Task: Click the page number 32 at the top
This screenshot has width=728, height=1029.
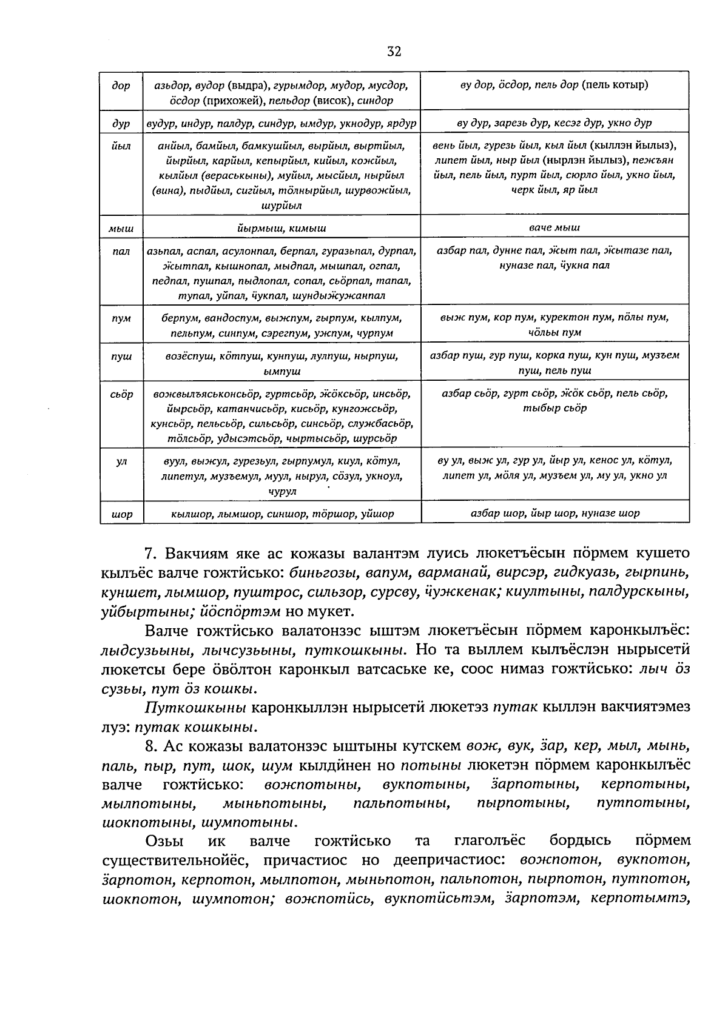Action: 394,52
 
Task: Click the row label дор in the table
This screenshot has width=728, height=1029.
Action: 121,85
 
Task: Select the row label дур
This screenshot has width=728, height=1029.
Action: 121,123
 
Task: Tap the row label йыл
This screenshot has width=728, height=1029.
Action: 121,146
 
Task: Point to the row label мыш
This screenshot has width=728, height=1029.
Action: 121,229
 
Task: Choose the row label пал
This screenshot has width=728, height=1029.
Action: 121,251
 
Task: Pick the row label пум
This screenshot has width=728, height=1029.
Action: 121,318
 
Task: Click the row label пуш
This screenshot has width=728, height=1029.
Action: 121,357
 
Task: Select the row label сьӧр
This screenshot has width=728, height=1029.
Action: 121,394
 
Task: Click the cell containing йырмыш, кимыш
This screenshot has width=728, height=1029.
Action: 281,229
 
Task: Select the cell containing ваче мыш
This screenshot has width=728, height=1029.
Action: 554,228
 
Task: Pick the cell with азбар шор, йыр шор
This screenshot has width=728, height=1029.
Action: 554,513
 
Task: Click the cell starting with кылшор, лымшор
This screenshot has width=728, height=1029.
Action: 281,514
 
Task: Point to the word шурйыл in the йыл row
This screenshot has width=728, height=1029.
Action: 281,206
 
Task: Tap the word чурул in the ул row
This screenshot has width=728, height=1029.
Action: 281,492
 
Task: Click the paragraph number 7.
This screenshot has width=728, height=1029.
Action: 150,554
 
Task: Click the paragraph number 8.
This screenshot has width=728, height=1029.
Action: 150,746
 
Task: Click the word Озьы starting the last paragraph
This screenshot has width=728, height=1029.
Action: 163,841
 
